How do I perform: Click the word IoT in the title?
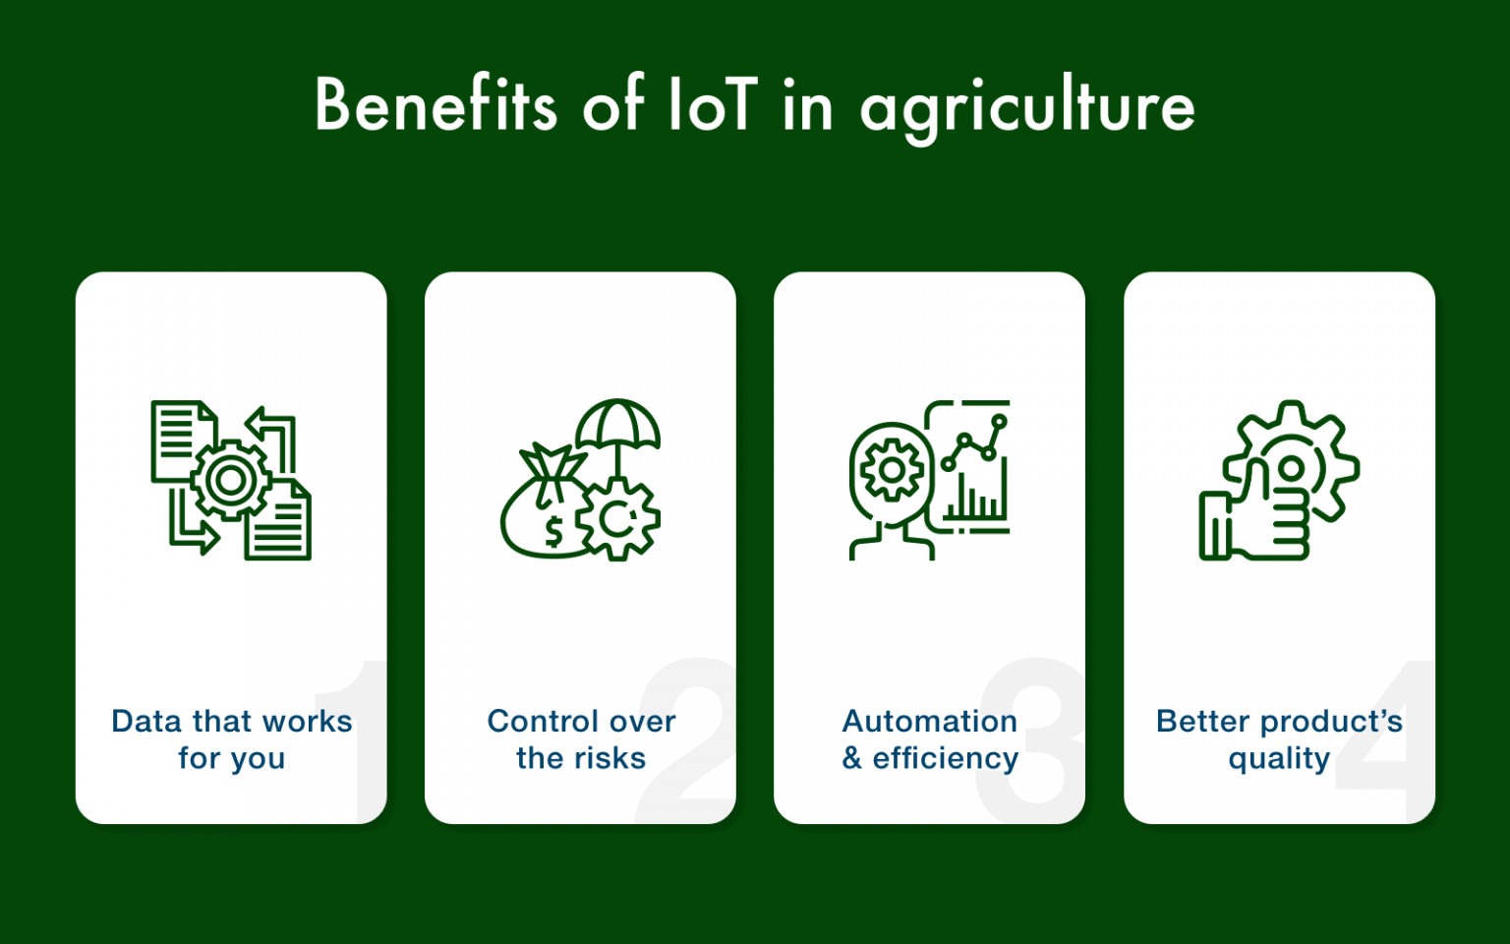pyautogui.click(x=713, y=105)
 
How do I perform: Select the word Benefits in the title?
pyautogui.click(x=436, y=104)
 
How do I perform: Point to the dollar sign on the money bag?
pyautogui.click(x=553, y=531)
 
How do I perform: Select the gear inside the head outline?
pyautogui.click(x=891, y=470)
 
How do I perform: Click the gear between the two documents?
pyautogui.click(x=231, y=480)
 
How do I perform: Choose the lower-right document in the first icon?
pyautogui.click(x=280, y=521)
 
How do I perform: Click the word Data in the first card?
pyautogui.click(x=147, y=721)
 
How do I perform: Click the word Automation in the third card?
pyautogui.click(x=930, y=721)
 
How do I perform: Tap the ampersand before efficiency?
pyautogui.click(x=852, y=758)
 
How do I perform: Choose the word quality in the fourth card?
pyautogui.click(x=1279, y=759)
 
